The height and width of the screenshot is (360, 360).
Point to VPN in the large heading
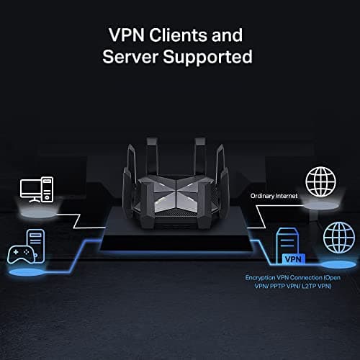click(127, 35)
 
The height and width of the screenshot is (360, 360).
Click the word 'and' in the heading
click(229, 35)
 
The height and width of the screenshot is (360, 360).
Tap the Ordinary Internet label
click(274, 196)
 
